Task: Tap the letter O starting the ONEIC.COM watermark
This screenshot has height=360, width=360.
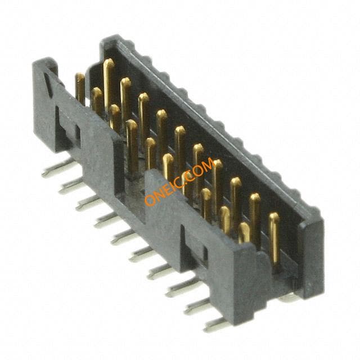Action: (x=150, y=200)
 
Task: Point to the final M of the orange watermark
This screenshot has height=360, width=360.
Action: (x=209, y=164)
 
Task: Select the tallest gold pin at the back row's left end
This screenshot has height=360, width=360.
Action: (x=108, y=85)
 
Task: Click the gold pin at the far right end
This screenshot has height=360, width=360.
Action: (x=274, y=238)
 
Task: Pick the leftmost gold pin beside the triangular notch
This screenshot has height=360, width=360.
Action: (x=80, y=89)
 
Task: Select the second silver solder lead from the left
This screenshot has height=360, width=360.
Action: (x=71, y=186)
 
